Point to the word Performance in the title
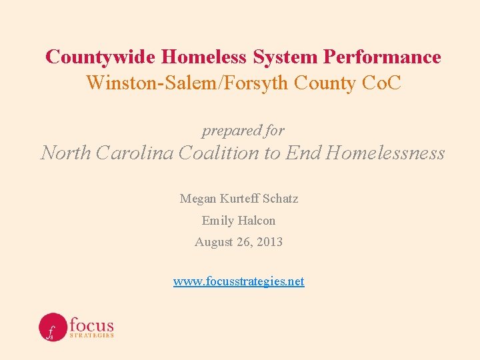click(x=382, y=57)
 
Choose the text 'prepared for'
click(x=243, y=131)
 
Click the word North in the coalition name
click(x=66, y=153)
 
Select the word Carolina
click(x=135, y=153)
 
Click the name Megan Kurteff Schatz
click(x=239, y=199)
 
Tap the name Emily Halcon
click(x=239, y=221)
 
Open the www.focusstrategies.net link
click(x=239, y=281)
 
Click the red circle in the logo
click(x=53, y=327)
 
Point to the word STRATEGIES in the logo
click(x=92, y=335)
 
